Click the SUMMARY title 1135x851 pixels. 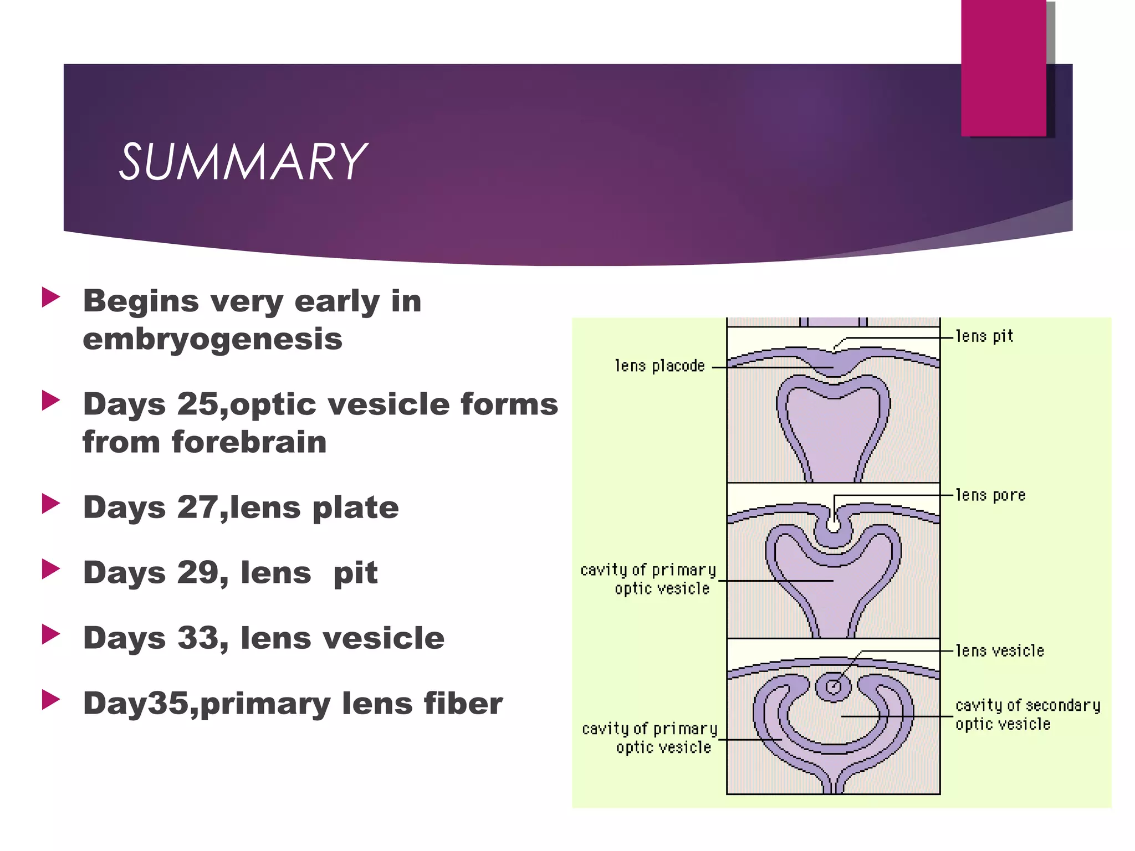point(242,162)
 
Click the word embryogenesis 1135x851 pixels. point(212,339)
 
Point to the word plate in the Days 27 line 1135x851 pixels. point(355,508)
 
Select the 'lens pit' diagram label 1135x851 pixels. point(984,336)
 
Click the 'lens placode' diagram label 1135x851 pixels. point(659,366)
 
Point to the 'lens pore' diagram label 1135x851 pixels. point(990,495)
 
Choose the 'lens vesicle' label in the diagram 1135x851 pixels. point(1000,651)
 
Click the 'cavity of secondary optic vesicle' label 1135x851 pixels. point(1027,715)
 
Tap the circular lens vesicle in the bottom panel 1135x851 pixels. point(833,688)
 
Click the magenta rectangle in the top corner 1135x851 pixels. point(1003,68)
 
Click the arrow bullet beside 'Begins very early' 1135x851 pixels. point(51,298)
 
